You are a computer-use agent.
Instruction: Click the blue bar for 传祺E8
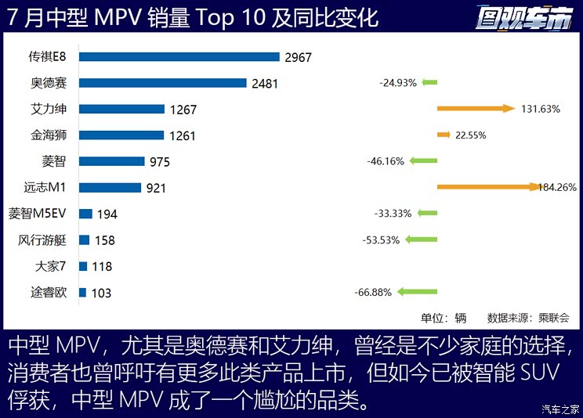tap(179, 56)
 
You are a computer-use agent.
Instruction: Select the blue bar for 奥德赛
tap(162, 83)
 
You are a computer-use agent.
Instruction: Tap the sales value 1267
tap(181, 110)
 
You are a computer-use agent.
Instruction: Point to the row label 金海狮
tap(48, 135)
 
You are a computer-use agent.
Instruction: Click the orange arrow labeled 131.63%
tap(475, 109)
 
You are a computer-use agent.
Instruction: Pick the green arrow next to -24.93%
tap(429, 82)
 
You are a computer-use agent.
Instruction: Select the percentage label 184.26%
tap(558, 187)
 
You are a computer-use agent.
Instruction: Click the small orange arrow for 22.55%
tap(444, 135)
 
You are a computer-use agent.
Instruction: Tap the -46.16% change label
tap(385, 161)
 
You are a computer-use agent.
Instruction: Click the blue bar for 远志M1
tap(110, 188)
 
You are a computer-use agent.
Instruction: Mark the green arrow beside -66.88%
tap(417, 292)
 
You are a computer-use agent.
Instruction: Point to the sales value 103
tap(101, 293)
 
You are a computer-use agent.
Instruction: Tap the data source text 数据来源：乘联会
tap(528, 318)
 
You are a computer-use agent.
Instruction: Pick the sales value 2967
tap(300, 57)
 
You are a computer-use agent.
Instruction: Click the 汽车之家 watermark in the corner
tap(559, 409)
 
